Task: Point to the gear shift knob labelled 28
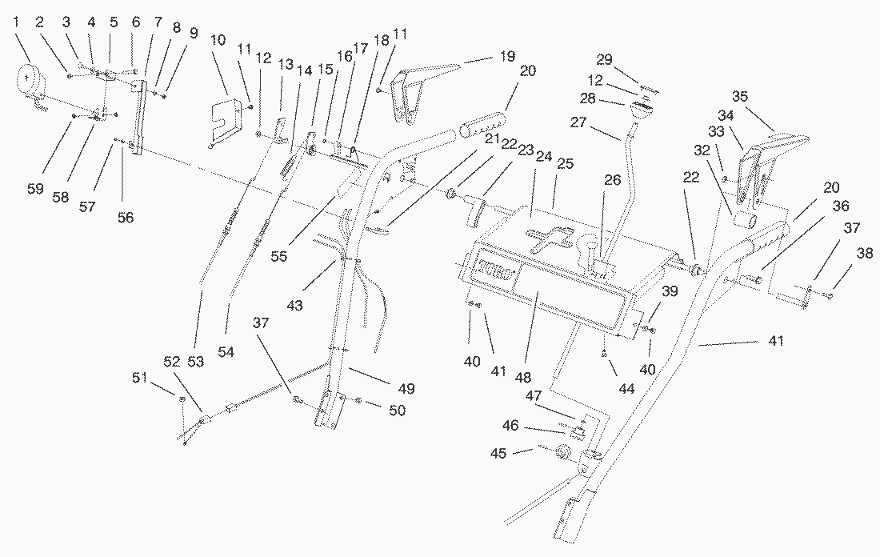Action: (x=642, y=109)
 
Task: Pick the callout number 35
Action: (x=739, y=97)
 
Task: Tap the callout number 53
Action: (x=196, y=362)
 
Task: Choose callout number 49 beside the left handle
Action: (x=406, y=389)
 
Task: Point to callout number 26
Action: (x=613, y=181)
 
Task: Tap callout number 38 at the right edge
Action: (x=864, y=253)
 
